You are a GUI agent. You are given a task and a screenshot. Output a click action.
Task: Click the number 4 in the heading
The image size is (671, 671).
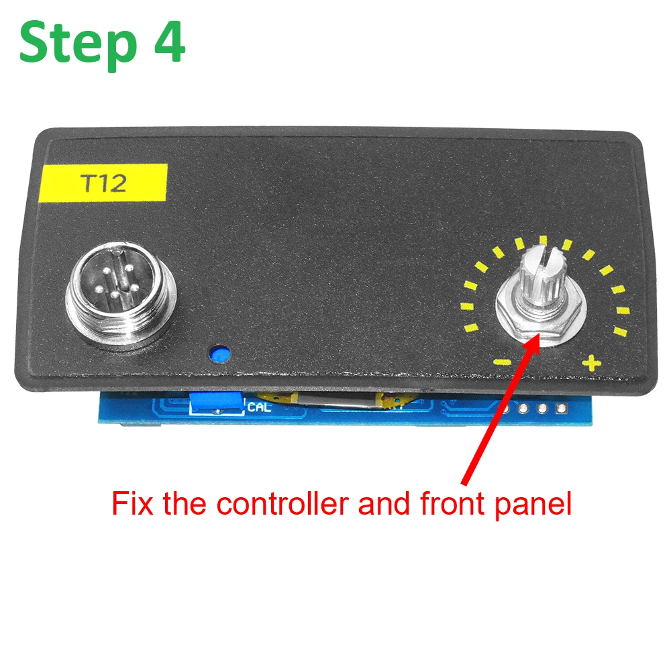pos(164,42)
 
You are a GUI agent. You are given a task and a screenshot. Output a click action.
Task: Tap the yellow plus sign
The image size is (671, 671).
pos(591,364)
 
